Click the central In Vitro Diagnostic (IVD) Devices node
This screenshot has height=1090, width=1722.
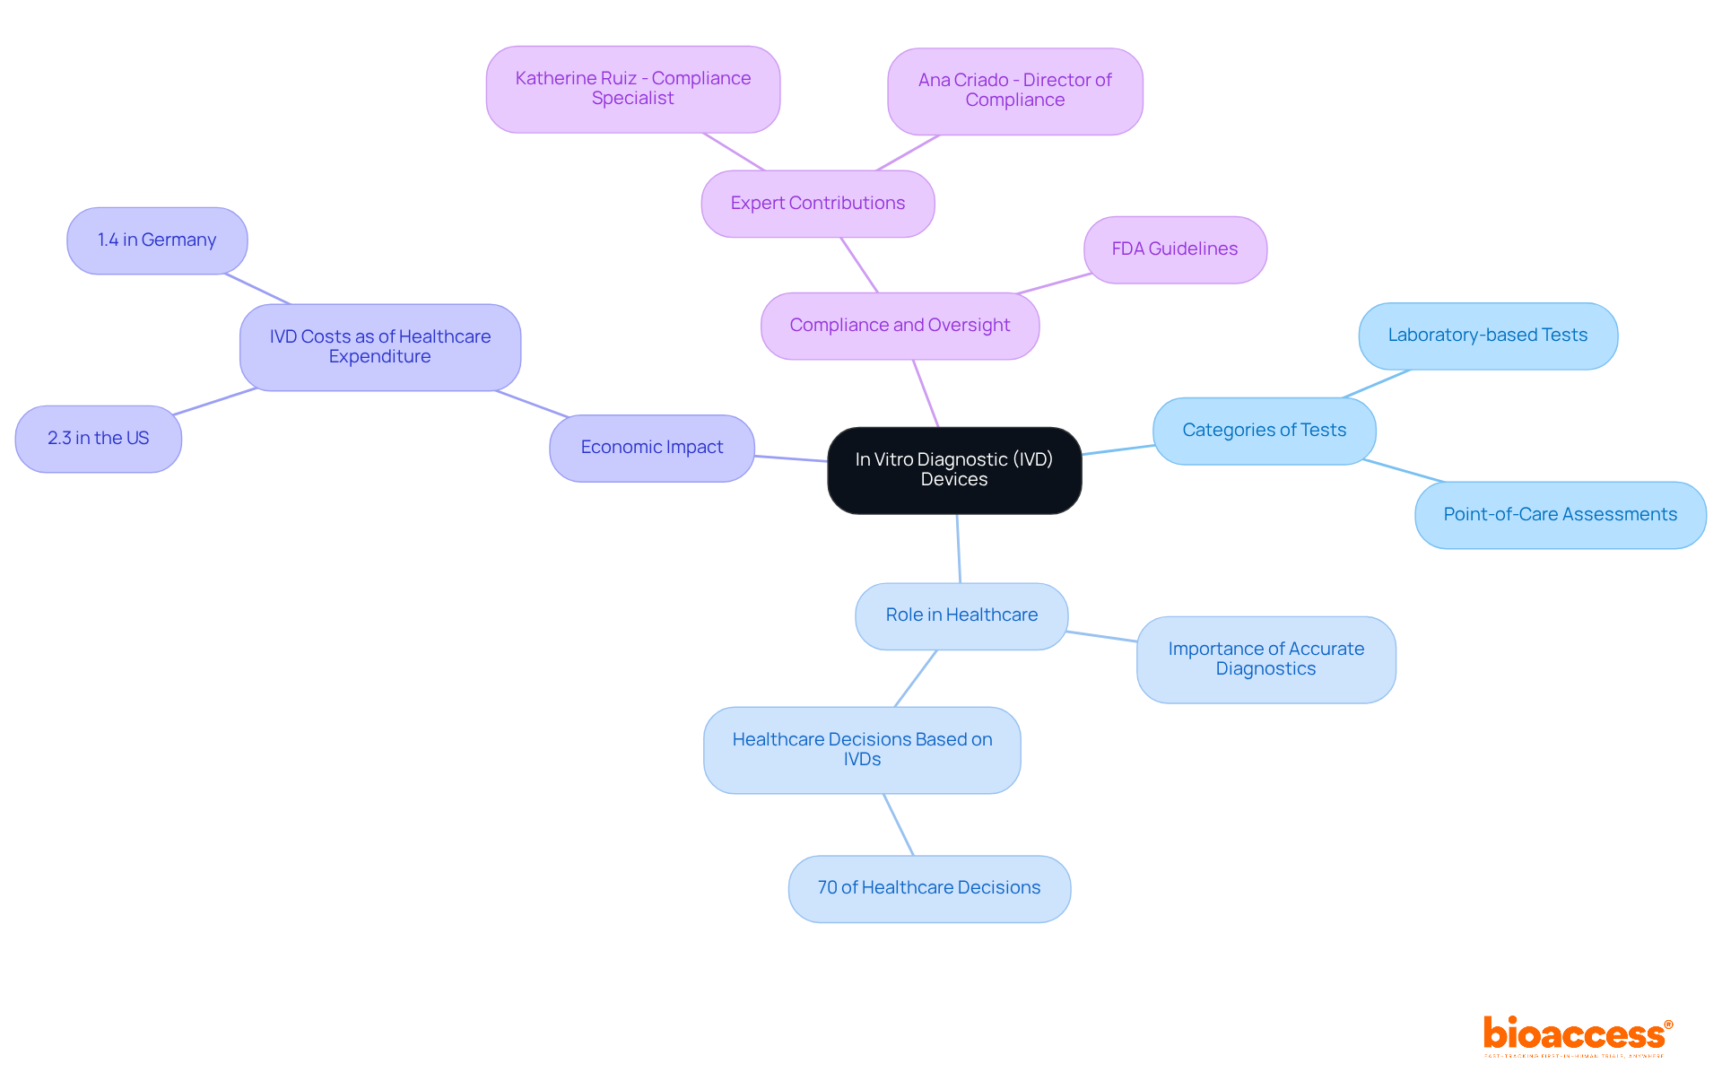click(953, 470)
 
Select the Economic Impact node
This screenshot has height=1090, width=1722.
click(651, 448)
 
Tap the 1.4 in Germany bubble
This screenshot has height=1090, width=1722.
click(157, 240)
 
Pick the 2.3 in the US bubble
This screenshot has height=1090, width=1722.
click(99, 439)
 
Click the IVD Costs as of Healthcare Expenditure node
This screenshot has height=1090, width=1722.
click(379, 347)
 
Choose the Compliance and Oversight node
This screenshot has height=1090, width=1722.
click(900, 326)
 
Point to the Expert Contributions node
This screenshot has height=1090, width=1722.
click(817, 204)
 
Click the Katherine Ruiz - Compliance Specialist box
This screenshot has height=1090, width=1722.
click(632, 89)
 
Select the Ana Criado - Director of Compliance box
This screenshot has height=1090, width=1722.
click(1014, 91)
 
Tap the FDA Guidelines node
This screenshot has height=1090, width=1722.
click(1175, 249)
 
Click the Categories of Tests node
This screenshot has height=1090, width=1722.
click(1264, 431)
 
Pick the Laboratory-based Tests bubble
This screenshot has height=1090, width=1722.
click(1487, 336)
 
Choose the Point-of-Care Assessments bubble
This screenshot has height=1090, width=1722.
click(1560, 515)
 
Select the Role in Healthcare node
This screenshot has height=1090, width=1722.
click(961, 615)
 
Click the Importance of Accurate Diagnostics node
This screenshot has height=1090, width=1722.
click(1265, 659)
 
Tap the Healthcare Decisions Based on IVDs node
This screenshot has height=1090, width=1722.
click(862, 750)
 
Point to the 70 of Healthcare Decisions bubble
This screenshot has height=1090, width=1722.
click(929, 888)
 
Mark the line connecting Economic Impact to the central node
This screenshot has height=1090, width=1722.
click(791, 458)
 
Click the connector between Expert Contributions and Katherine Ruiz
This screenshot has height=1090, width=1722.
click(734, 152)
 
